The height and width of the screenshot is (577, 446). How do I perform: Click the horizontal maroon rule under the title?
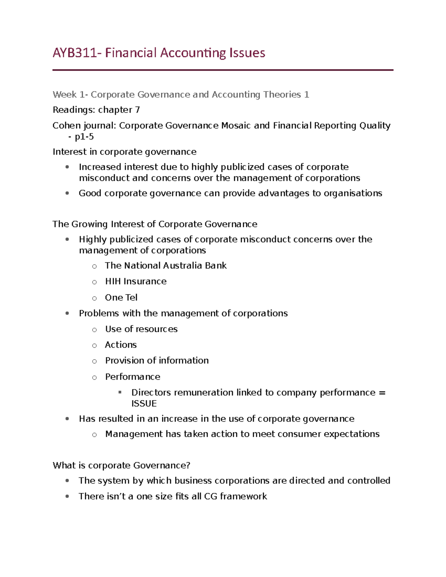(x=223, y=70)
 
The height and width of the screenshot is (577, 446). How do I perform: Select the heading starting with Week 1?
(x=181, y=95)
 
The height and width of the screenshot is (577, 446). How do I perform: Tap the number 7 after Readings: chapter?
(x=137, y=110)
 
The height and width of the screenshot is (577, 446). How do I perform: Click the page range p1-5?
(x=84, y=137)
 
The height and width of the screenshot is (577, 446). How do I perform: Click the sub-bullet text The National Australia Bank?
(x=165, y=266)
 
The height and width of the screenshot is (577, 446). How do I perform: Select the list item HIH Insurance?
(x=136, y=282)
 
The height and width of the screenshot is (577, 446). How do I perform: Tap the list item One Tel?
(x=121, y=298)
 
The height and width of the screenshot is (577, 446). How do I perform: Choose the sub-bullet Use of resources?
(x=141, y=329)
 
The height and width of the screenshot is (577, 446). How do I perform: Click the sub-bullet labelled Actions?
(x=121, y=345)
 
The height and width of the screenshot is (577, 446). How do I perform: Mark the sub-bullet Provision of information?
(x=157, y=361)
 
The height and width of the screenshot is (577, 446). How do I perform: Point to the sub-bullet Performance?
(x=133, y=377)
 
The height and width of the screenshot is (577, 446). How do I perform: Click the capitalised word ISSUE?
(x=144, y=404)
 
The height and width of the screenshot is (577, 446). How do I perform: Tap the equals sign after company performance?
(x=382, y=393)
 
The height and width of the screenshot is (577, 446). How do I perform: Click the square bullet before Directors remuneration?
(x=120, y=392)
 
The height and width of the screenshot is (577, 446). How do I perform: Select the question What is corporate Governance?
(x=122, y=466)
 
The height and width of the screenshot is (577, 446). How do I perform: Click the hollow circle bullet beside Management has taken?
(x=94, y=435)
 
